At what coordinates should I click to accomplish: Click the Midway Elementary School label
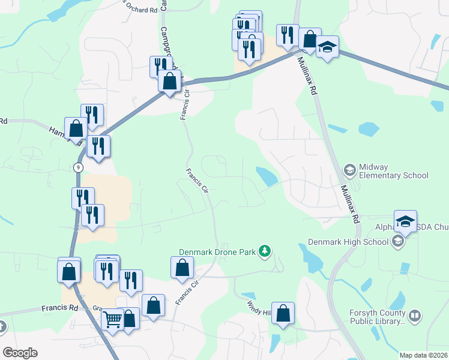pyautogui.click(x=393, y=171)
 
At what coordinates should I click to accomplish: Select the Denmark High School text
pyautogui.click(x=348, y=242)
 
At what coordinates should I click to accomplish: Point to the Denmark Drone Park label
pyautogui.click(x=217, y=251)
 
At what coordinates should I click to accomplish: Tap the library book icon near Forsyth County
pyautogui.click(x=415, y=316)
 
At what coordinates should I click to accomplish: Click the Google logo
pyautogui.click(x=20, y=353)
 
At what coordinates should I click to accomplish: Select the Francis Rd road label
pyautogui.click(x=60, y=308)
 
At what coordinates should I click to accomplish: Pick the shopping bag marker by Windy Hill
pyautogui.click(x=283, y=313)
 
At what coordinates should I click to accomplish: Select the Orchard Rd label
pyautogui.click(x=141, y=10)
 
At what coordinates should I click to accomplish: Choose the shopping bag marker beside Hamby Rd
pyautogui.click(x=76, y=128)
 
